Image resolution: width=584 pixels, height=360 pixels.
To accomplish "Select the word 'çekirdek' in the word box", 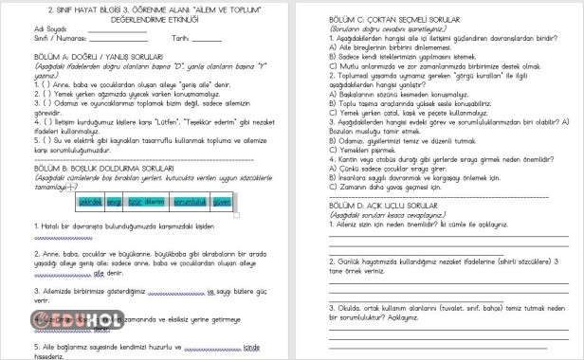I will pos(90,202).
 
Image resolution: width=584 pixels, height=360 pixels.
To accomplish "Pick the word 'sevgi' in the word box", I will pos(114,202).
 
